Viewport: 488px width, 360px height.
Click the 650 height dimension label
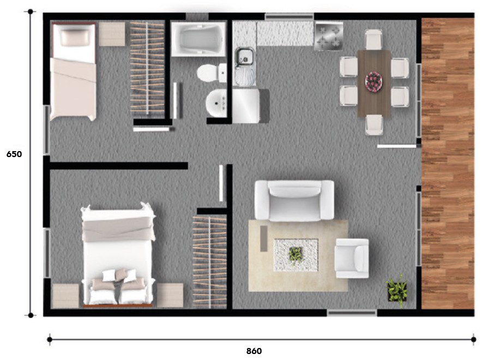pyautogui.click(x=14, y=154)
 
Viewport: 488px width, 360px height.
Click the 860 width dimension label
pyautogui.click(x=254, y=351)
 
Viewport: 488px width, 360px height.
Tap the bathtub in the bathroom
pyautogui.click(x=198, y=39)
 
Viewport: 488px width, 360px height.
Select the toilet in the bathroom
pyautogui.click(x=212, y=73)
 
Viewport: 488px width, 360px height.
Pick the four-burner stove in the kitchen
pyautogui.click(x=329, y=36)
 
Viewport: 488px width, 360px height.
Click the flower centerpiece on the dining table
pyautogui.click(x=374, y=82)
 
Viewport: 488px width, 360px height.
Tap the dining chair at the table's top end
pyautogui.click(x=373, y=39)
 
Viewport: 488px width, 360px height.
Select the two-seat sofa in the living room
pyautogui.click(x=294, y=200)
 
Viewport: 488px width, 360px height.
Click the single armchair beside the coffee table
pyautogui.click(x=352, y=258)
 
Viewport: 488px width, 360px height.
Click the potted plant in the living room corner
pyautogui.click(x=396, y=291)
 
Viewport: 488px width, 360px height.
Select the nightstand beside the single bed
pyautogui.click(x=112, y=34)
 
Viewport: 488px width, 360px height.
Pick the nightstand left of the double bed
pyautogui.click(x=65, y=296)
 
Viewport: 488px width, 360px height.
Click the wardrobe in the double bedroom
pyautogui.click(x=209, y=262)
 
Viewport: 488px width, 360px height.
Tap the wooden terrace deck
pyautogui.click(x=448, y=164)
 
